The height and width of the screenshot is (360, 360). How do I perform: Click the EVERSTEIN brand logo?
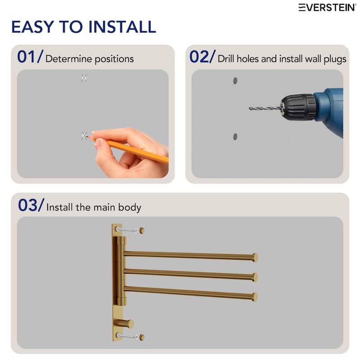point(327,7)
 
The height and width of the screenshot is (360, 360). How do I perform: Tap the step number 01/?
point(30,57)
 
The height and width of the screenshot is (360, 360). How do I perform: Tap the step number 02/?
point(202,57)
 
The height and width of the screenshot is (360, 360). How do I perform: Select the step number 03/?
point(31,206)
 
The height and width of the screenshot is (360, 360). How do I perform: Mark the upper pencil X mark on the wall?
point(84,78)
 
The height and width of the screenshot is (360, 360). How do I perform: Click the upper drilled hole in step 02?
point(235,81)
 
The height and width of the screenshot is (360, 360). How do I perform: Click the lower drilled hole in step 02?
point(235,136)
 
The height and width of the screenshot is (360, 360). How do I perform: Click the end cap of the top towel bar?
point(255,257)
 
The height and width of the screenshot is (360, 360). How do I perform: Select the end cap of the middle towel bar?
point(255,277)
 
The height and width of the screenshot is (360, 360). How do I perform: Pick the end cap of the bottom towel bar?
point(255,297)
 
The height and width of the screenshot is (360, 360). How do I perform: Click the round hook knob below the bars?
point(130,324)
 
